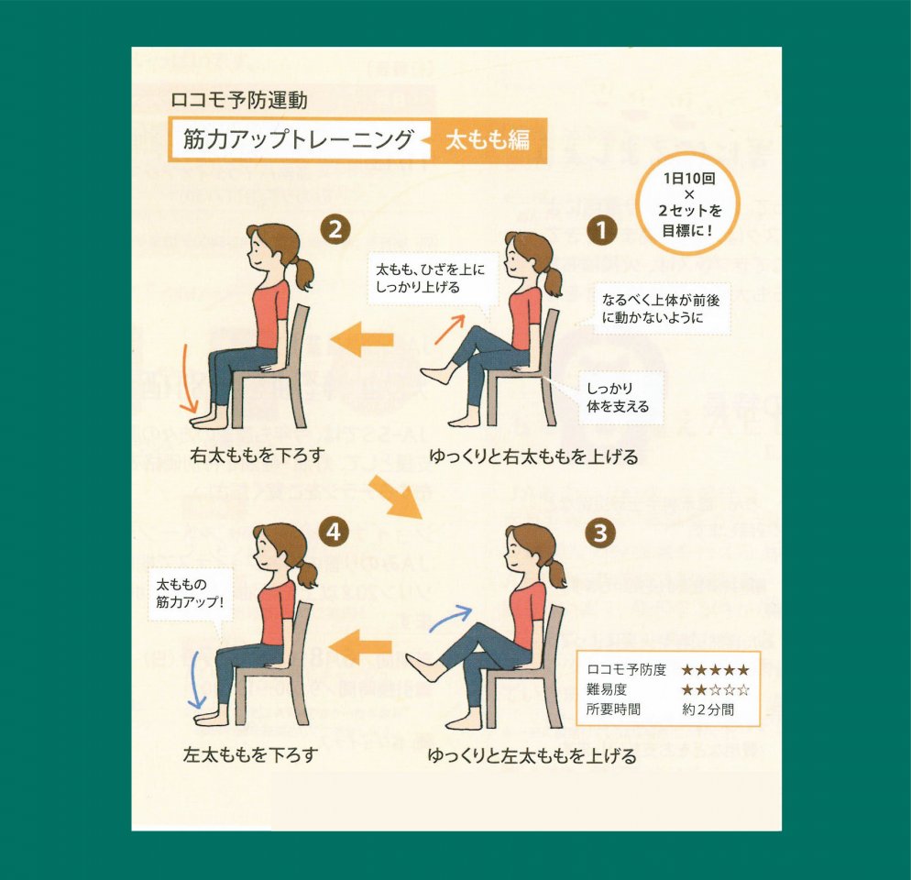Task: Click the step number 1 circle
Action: (x=601, y=230)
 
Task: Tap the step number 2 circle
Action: (x=335, y=229)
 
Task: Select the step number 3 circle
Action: (x=600, y=533)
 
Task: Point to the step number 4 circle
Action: (x=334, y=532)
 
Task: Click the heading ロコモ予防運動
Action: (x=239, y=100)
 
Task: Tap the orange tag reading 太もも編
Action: (x=488, y=140)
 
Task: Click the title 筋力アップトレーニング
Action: (x=298, y=139)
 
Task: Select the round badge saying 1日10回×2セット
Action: (x=688, y=204)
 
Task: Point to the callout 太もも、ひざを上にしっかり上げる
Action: (x=431, y=278)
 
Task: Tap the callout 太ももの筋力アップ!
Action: (x=190, y=593)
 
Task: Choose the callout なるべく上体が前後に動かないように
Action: (x=661, y=309)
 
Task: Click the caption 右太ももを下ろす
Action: (x=257, y=455)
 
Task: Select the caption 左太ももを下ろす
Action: (x=250, y=754)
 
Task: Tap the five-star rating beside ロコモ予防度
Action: (x=715, y=669)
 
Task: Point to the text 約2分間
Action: (x=708, y=709)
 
